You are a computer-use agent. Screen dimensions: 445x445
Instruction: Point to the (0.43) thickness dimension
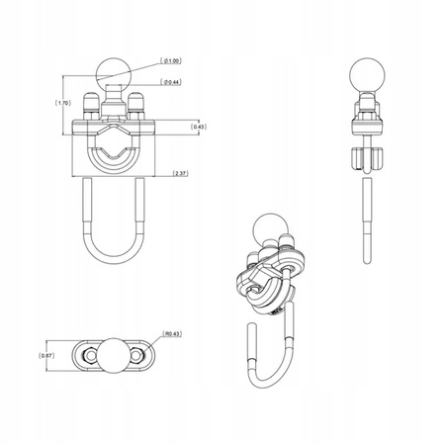[x=199, y=126]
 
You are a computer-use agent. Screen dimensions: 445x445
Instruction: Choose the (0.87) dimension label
[x=44, y=355]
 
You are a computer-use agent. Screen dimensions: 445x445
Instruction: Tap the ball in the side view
[x=366, y=75]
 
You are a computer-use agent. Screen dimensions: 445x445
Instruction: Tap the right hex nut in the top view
[x=138, y=354]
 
